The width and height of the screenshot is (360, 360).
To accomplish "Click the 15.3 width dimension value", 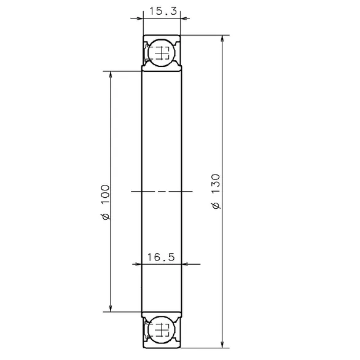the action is coord(163,11).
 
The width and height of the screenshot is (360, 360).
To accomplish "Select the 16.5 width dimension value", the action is coord(161,257).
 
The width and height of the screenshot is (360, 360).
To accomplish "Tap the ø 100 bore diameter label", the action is coord(106,202).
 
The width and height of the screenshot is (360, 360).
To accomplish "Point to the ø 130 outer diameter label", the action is coord(216,192).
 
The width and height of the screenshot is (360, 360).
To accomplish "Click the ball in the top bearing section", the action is coord(162,53).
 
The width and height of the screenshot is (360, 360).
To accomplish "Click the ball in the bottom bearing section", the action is coord(162,330).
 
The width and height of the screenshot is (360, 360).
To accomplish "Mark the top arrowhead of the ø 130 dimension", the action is coord(222,39).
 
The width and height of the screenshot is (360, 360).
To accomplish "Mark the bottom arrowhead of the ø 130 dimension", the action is coord(222,344).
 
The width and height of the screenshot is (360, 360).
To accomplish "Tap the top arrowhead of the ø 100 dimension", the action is coord(111,75).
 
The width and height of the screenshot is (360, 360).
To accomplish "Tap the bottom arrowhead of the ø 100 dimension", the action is coord(111,308).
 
